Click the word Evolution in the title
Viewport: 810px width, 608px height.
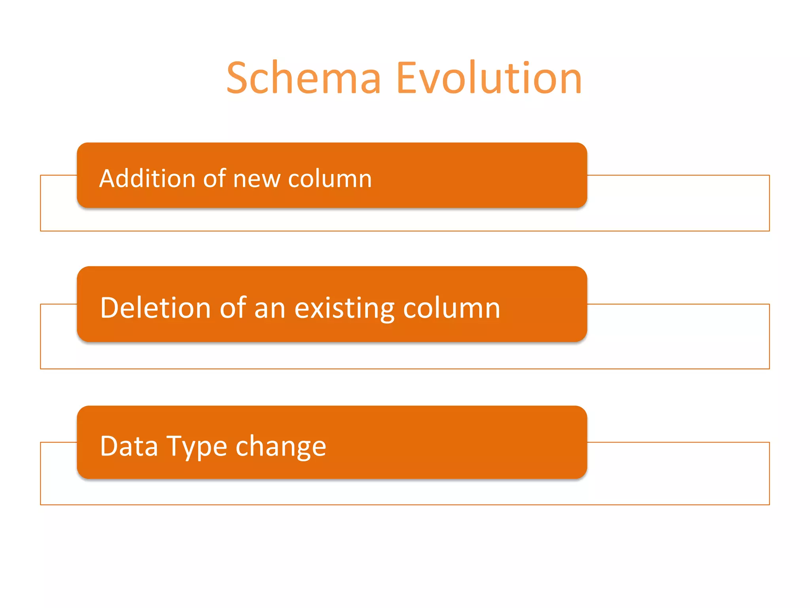(489, 78)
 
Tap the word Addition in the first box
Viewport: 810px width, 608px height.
(147, 179)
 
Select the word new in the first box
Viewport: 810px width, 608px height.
(256, 179)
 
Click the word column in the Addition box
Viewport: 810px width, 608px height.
(330, 179)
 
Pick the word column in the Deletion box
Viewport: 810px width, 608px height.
(452, 308)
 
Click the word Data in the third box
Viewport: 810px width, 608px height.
(129, 446)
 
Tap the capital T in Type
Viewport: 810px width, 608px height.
(175, 446)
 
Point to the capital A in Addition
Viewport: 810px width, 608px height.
(107, 179)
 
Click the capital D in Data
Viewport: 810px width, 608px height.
(110, 446)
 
